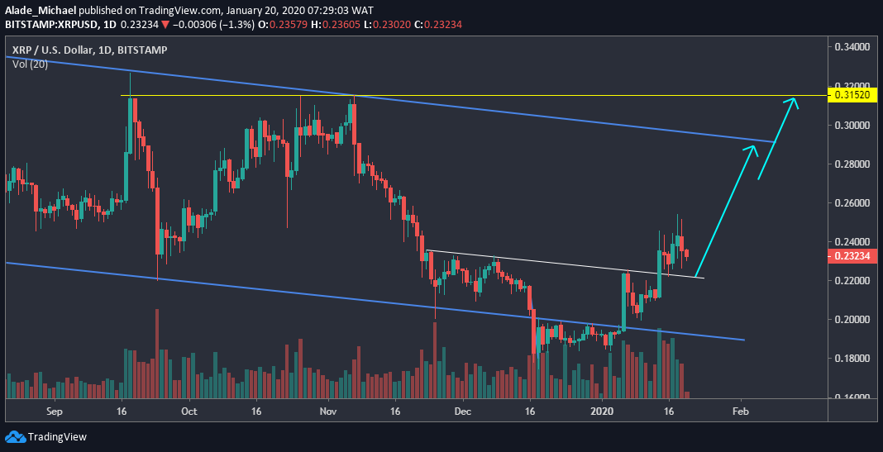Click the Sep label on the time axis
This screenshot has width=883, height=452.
[55, 410]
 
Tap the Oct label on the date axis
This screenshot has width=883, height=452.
[189, 410]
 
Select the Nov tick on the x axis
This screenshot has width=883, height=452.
[328, 410]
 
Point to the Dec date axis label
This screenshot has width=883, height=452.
[462, 410]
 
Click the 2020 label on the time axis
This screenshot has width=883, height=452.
[603, 410]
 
